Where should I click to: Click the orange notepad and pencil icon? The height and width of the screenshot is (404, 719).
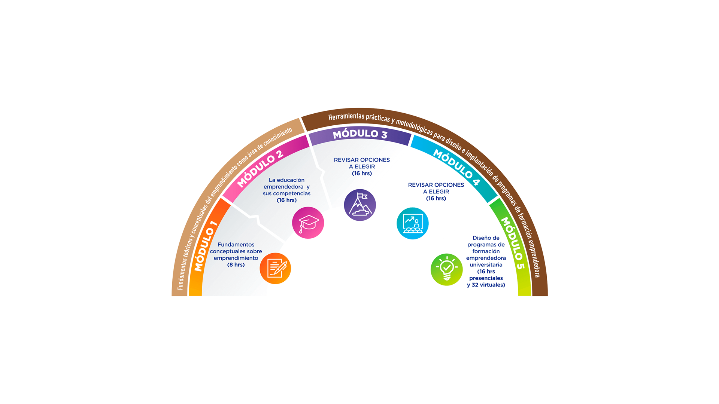(x=275, y=268)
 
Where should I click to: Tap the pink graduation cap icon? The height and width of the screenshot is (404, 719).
(x=308, y=223)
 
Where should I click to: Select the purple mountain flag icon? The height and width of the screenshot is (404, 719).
(x=360, y=205)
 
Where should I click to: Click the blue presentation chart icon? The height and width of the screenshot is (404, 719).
(x=412, y=223)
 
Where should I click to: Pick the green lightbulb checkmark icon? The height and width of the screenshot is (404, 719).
(x=446, y=270)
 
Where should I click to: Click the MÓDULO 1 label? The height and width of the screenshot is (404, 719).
(x=206, y=246)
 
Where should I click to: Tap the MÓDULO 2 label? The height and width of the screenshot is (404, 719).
(x=260, y=169)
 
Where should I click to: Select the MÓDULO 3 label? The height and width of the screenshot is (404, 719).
(x=360, y=134)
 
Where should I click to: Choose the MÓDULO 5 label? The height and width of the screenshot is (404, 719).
(x=513, y=243)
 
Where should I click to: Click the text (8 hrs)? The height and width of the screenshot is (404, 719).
(x=236, y=265)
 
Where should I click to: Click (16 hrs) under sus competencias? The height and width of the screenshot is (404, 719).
(x=286, y=200)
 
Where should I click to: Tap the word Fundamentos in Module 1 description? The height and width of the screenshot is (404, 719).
(x=236, y=245)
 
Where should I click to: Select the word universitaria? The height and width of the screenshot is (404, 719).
(x=486, y=265)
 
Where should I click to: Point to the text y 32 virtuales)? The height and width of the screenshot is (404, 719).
(x=486, y=285)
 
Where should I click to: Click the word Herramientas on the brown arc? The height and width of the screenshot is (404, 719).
(x=346, y=117)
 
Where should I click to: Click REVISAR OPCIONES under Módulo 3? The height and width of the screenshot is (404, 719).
(x=362, y=160)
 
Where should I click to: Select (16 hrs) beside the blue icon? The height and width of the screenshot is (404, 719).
(x=436, y=198)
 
